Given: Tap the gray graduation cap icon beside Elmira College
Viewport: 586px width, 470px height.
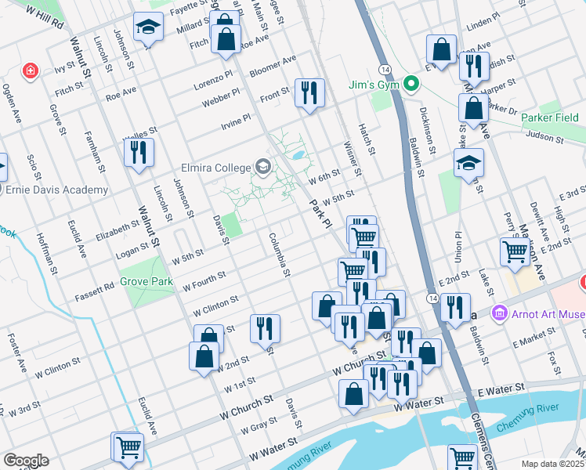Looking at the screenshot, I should [262, 167].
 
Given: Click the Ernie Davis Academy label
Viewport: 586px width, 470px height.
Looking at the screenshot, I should [56, 190].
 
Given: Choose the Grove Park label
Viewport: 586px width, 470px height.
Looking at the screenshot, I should [146, 280].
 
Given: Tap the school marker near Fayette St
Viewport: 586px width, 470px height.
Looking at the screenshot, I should [148, 29].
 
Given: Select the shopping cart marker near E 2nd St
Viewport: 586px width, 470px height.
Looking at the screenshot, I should [515, 251].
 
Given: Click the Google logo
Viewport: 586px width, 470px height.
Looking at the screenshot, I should [26, 461].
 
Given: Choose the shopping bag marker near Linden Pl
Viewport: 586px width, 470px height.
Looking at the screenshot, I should [442, 49].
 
